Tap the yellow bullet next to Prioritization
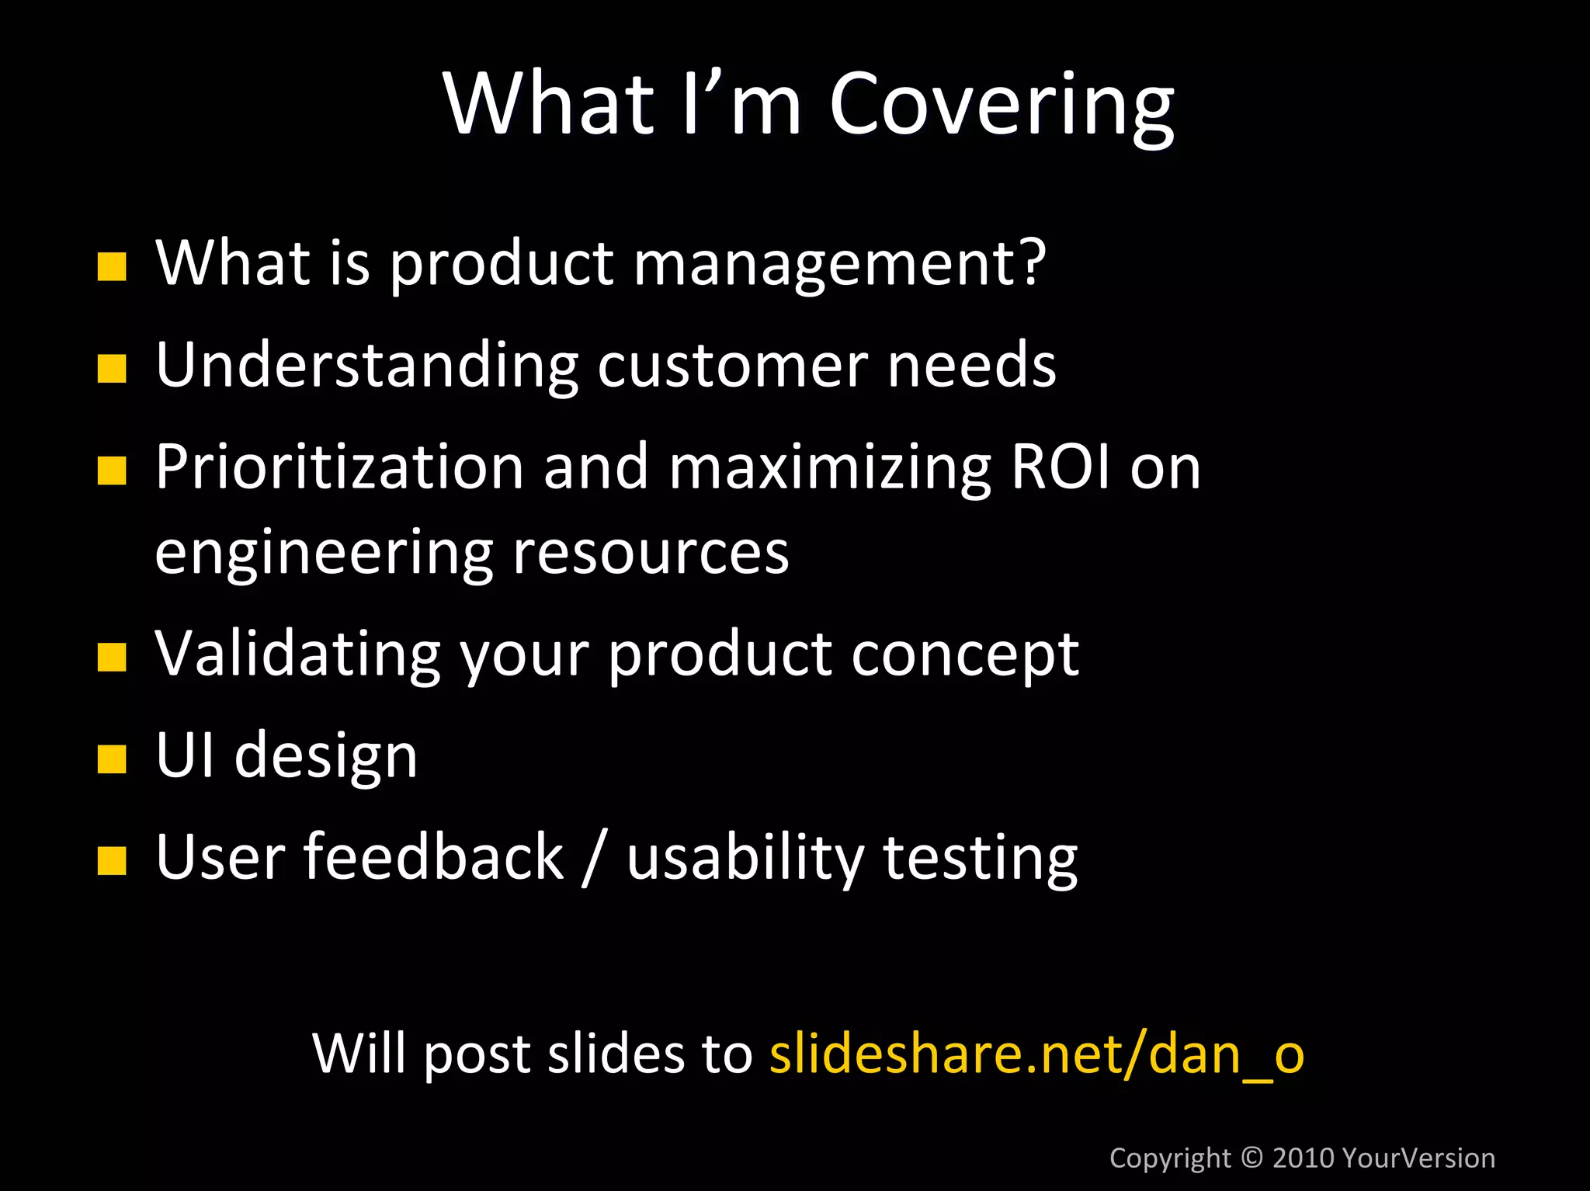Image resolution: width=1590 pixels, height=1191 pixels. click(112, 470)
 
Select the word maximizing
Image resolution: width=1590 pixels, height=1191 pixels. click(829, 469)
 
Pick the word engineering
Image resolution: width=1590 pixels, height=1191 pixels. click(324, 554)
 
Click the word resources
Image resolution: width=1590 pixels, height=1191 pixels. click(651, 554)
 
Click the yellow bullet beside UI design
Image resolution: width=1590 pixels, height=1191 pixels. click(112, 760)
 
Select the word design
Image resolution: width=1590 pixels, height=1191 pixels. click(325, 757)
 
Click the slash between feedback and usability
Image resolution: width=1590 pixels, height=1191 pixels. click(594, 858)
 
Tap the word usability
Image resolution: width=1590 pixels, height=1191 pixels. click(745, 858)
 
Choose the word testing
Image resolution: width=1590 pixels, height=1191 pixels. click(980, 859)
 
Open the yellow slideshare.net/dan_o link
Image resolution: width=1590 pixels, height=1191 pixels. click(1036, 1054)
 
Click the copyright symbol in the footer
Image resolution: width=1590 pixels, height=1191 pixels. click(1252, 1157)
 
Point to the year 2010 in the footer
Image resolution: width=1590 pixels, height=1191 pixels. click(1304, 1158)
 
